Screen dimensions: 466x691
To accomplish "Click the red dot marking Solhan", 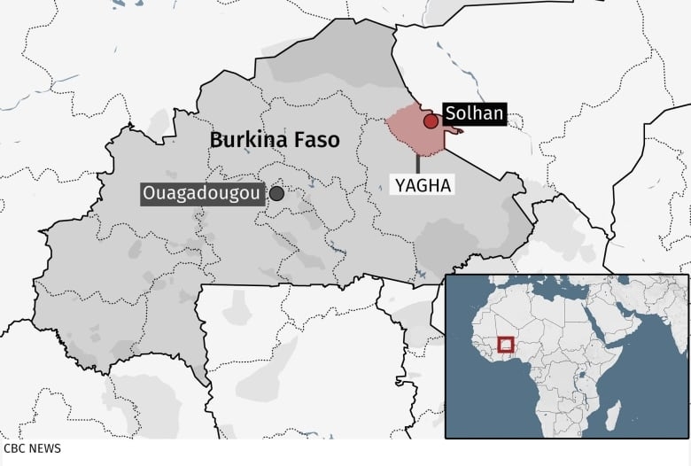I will pyautogui.click(x=431, y=121).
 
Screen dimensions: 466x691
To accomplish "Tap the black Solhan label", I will pyautogui.click(x=474, y=113).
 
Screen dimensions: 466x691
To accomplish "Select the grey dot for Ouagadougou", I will pyautogui.click(x=277, y=193).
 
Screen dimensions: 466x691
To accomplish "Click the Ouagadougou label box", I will pyautogui.click(x=202, y=193).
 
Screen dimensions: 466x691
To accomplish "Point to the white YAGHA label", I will pyautogui.click(x=423, y=185).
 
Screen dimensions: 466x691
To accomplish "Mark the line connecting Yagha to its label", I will pyautogui.click(x=417, y=166).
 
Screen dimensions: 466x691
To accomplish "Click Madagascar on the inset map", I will pyautogui.click(x=612, y=415).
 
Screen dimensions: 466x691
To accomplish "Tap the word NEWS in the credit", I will pyautogui.click(x=44, y=448).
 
